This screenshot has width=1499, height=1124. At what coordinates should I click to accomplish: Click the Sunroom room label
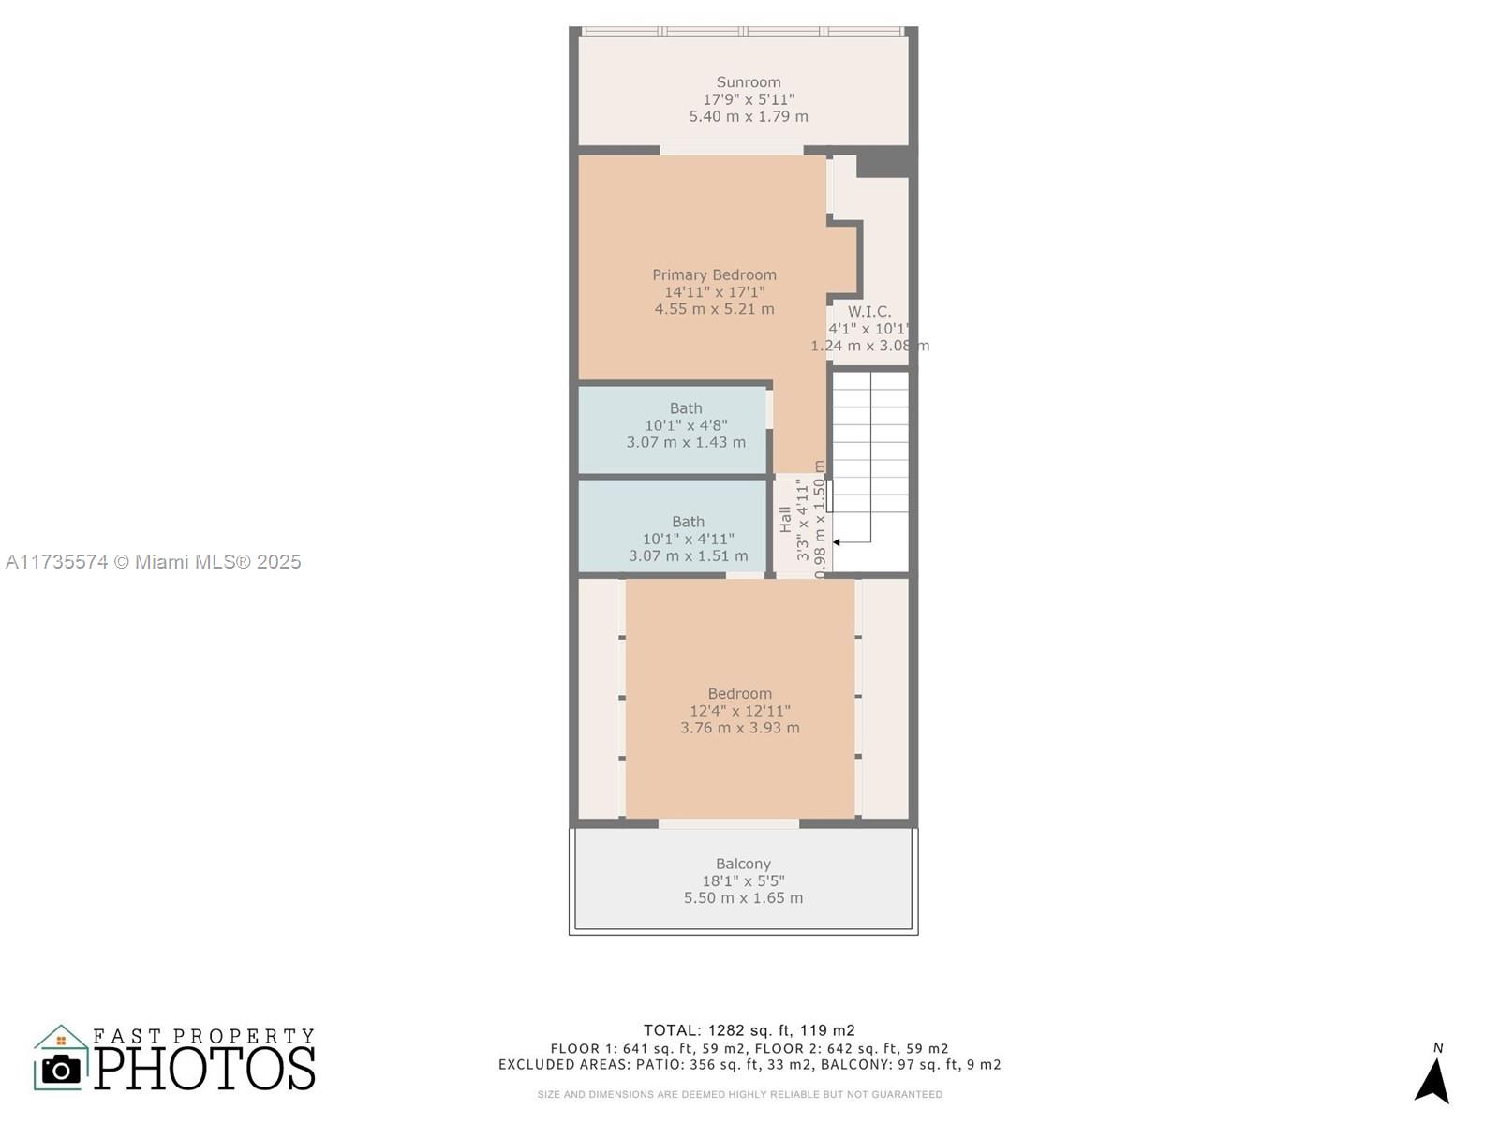[748, 82]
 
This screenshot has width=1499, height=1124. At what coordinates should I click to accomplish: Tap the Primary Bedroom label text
[714, 275]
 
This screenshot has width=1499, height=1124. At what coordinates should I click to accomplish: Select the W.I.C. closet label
[869, 312]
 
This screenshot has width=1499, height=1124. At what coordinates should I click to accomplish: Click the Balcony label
[743, 864]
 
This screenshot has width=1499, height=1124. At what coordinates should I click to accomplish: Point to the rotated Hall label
[785, 519]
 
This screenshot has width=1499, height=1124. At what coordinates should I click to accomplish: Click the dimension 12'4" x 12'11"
[739, 711]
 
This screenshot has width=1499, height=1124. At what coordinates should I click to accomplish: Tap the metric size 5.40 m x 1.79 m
[749, 117]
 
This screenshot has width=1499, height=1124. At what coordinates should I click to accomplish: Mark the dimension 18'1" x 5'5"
[743, 881]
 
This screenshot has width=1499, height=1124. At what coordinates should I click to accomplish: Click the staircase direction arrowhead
[836, 542]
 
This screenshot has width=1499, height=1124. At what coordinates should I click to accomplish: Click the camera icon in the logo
[61, 1070]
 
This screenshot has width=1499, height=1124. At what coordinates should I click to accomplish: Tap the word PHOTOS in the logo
[204, 1068]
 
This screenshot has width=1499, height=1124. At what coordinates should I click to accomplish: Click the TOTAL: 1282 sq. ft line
[749, 1030]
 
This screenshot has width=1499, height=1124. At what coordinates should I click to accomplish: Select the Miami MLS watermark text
[153, 562]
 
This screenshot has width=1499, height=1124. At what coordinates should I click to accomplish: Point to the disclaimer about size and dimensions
[739, 1095]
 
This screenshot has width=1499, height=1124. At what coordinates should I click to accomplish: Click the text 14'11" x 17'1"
[714, 292]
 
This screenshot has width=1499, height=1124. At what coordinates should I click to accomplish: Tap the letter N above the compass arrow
[1438, 1048]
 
